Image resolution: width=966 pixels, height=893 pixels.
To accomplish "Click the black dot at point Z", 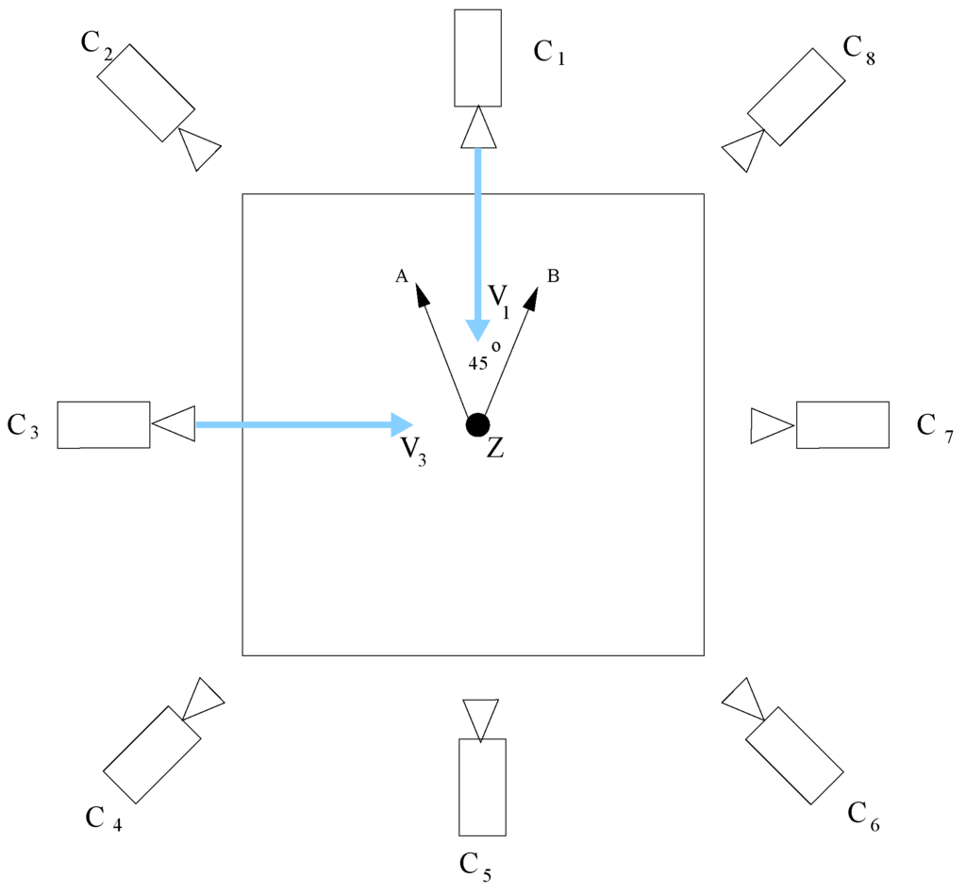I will tap(477, 425).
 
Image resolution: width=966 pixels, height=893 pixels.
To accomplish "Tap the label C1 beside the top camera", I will tap(549, 53).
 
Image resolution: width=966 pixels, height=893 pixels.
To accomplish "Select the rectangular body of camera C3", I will tap(104, 424).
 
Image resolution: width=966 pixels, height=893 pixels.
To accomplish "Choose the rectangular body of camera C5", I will tap(482, 787).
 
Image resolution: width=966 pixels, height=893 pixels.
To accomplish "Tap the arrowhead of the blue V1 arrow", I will tap(477, 329).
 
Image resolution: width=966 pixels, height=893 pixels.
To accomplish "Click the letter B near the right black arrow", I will tap(554, 276).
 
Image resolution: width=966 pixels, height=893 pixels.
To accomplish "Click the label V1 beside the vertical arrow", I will tap(499, 299).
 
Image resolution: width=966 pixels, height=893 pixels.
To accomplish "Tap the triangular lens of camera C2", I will tap(199, 148).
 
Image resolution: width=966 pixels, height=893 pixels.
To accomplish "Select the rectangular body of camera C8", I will tap(796, 96).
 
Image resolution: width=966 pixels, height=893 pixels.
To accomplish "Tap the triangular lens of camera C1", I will tap(478, 129).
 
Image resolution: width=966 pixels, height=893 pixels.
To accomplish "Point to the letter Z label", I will tap(495, 449).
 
